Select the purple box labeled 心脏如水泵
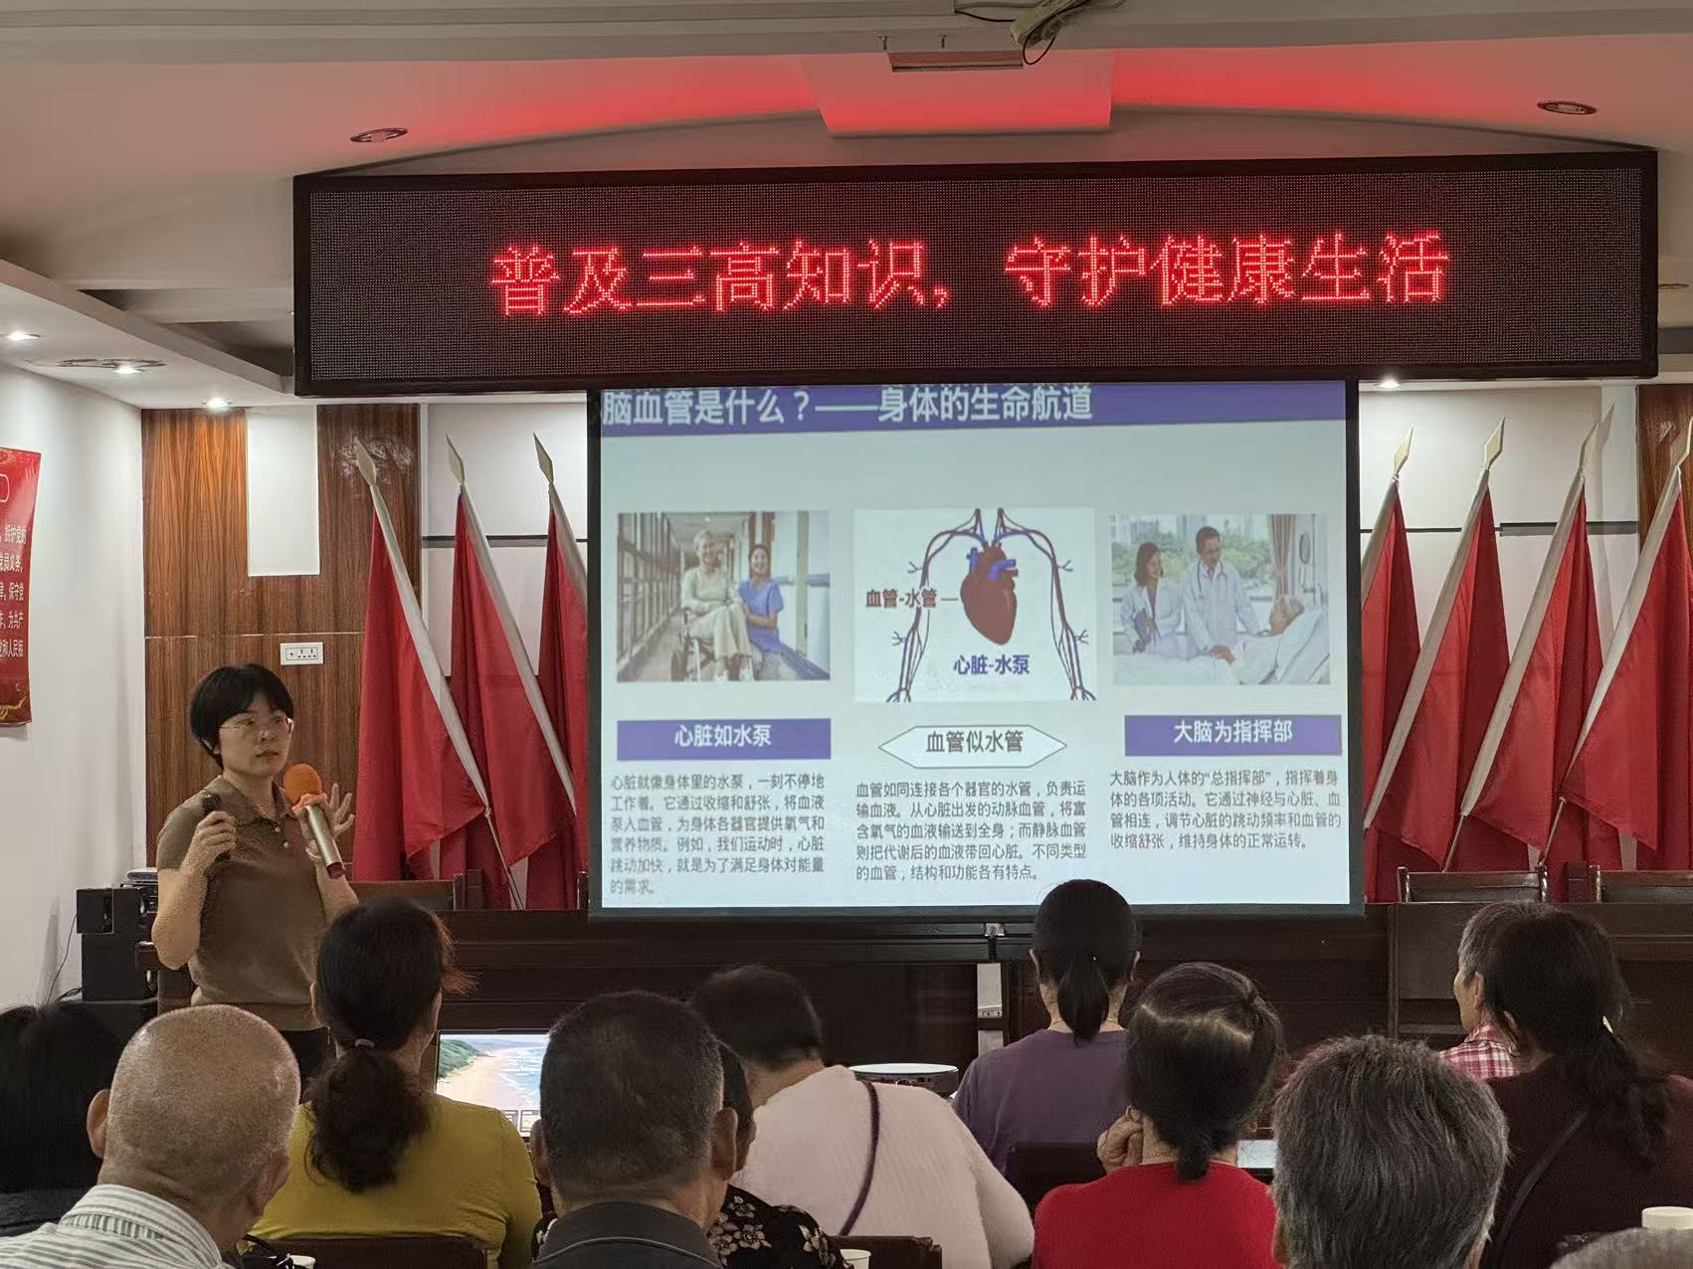click(723, 737)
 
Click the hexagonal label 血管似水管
click(974, 742)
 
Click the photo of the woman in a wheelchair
click(723, 597)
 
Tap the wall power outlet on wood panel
click(301, 653)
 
